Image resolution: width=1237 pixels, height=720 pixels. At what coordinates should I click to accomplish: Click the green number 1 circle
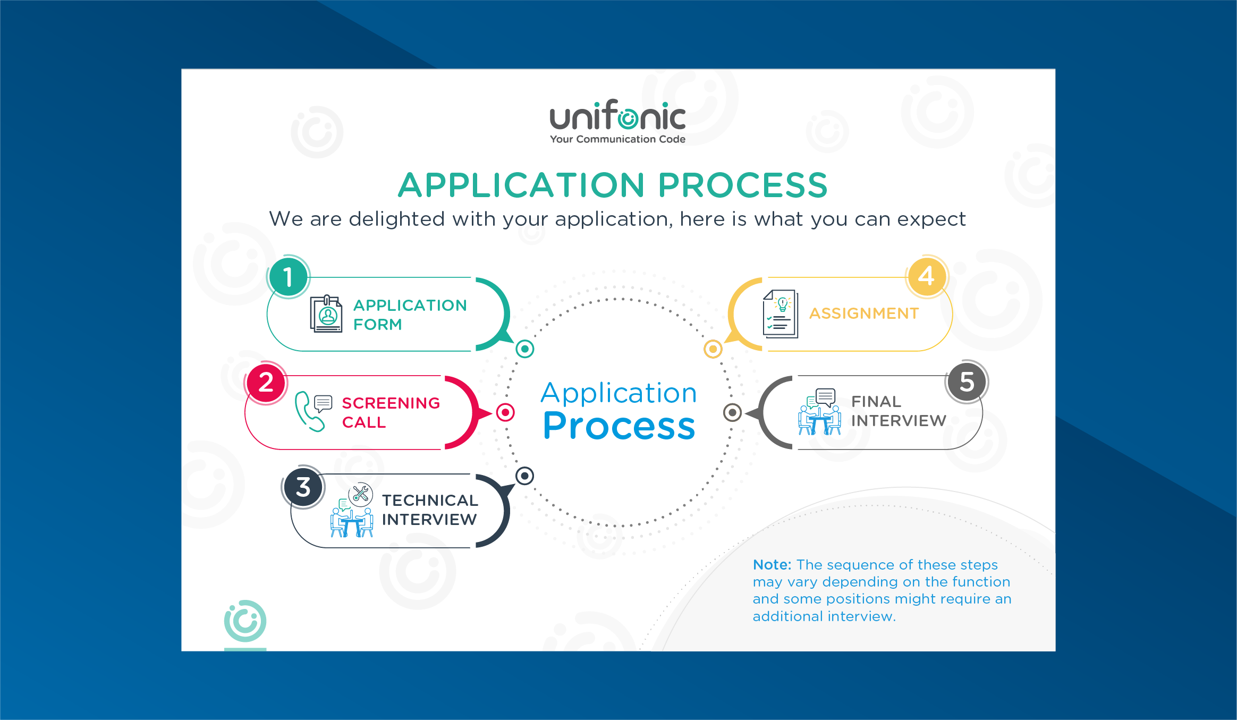tap(289, 277)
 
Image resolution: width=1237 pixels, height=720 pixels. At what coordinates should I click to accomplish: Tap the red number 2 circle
tap(266, 383)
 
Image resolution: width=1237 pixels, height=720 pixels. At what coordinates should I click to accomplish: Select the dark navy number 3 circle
tap(303, 487)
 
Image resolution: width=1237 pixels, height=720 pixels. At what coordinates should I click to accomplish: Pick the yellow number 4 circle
tap(926, 276)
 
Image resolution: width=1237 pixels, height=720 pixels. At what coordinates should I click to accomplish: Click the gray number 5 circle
tap(967, 382)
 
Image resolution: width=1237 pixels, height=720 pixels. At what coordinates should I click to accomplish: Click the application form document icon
tap(326, 314)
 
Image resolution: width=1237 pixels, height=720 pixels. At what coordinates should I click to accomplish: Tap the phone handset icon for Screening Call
tap(308, 412)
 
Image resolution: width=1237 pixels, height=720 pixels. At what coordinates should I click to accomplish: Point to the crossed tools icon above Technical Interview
tap(361, 494)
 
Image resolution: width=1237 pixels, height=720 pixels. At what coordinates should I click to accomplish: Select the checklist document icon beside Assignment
tap(780, 314)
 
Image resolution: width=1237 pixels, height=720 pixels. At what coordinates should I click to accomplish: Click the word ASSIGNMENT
tap(863, 314)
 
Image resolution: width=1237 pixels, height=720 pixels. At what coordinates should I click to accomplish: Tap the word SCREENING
tap(391, 403)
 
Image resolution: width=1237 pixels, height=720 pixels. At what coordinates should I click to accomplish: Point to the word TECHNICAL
tap(430, 501)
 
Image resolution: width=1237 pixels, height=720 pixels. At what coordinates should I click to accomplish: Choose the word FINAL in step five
tap(876, 402)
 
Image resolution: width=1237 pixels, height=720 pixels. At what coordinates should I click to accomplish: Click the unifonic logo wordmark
tap(617, 116)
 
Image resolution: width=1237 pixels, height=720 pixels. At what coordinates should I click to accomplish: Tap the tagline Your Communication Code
tap(617, 139)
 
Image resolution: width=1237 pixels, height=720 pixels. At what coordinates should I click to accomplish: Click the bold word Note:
tap(772, 565)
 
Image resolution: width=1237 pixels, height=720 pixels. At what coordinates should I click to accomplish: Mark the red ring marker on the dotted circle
tap(505, 412)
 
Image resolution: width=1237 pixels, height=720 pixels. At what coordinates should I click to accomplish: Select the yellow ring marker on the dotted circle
tap(713, 349)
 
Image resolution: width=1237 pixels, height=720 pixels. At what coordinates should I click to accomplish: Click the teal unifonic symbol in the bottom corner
tap(245, 621)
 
